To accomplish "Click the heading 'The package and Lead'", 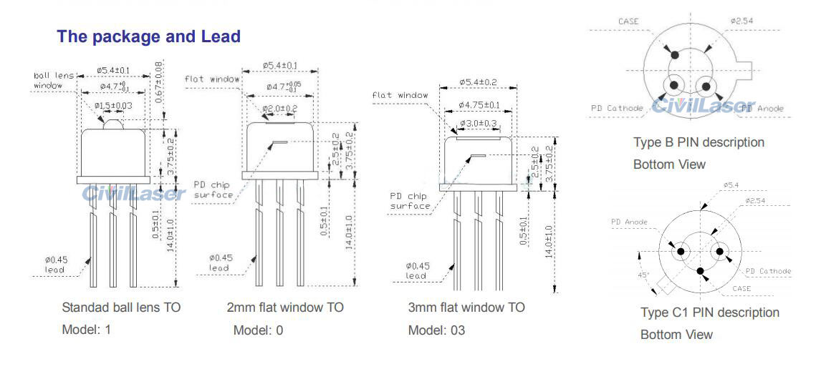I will tap(148, 36).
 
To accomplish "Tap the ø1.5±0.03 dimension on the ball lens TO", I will tap(113, 106).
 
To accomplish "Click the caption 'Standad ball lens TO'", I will tap(121, 307).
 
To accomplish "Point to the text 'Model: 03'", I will tap(436, 330).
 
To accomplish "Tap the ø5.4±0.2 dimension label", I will tap(477, 82).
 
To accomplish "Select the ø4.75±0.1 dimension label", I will tap(479, 105).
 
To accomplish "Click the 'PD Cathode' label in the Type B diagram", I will tap(617, 108).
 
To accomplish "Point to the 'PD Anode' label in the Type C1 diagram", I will tap(629, 222).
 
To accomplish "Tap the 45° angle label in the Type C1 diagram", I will tap(643, 275).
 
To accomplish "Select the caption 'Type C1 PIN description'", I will tap(709, 313).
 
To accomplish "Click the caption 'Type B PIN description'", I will tap(698, 142).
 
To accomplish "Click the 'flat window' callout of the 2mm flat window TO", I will tap(212, 79).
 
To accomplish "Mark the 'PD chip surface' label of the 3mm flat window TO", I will tap(410, 201).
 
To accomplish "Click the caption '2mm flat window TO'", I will tap(284, 307).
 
